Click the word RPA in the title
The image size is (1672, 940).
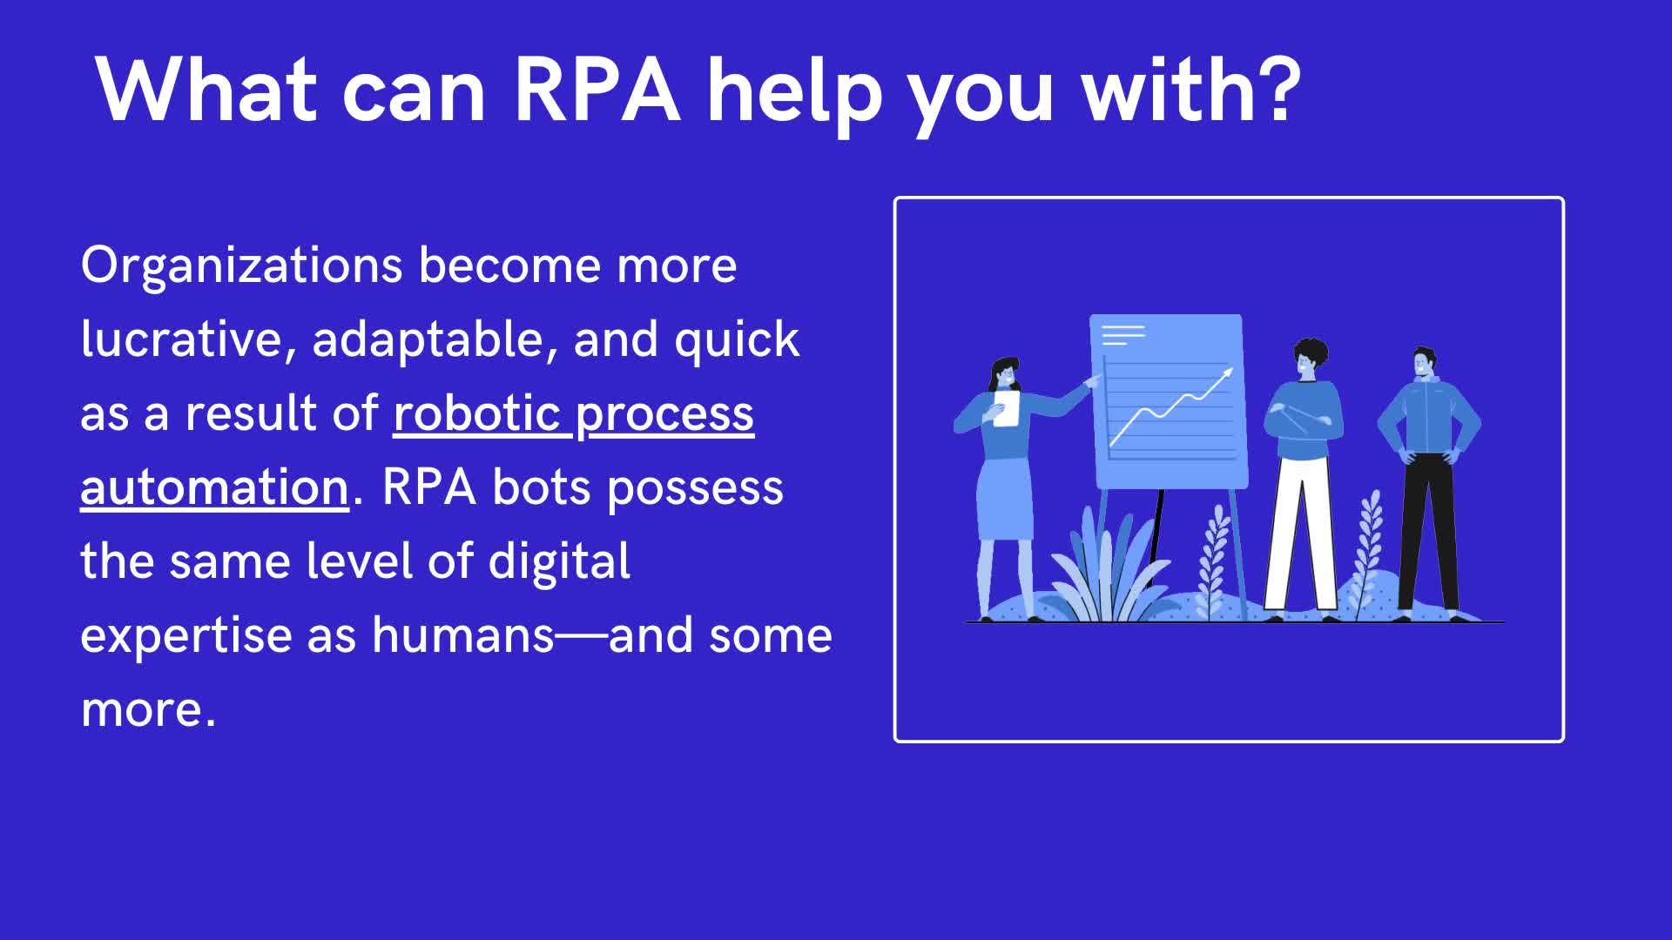point(597,91)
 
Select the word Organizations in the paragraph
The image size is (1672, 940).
point(241,266)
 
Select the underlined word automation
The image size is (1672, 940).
point(214,487)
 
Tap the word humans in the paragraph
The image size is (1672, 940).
point(462,635)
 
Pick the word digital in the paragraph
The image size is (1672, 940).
point(559,562)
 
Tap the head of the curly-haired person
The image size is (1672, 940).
point(1310,358)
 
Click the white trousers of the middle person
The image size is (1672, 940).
point(1301,531)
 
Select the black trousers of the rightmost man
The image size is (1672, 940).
point(1426,531)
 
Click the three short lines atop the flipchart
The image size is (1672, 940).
point(1123,334)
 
